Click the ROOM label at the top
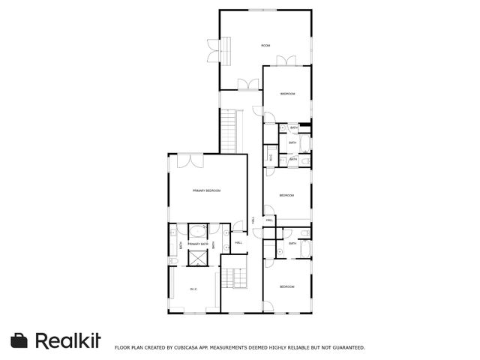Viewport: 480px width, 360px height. pyautogui.click(x=265, y=46)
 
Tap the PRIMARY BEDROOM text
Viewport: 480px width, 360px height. pyautogui.click(x=206, y=191)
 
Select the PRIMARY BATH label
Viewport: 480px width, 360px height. pyautogui.click(x=197, y=244)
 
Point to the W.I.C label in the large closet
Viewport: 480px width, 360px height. pyautogui.click(x=193, y=289)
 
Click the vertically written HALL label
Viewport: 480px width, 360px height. pyautogui.click(x=253, y=220)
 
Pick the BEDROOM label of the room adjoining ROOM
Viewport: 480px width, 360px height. pyautogui.click(x=287, y=94)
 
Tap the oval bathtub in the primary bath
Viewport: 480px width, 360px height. pyautogui.click(x=197, y=230)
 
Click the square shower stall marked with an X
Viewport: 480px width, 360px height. pyautogui.click(x=197, y=259)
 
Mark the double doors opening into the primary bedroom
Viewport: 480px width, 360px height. pyautogui.click(x=189, y=160)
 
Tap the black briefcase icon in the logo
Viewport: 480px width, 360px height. pyautogui.click(x=19, y=340)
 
